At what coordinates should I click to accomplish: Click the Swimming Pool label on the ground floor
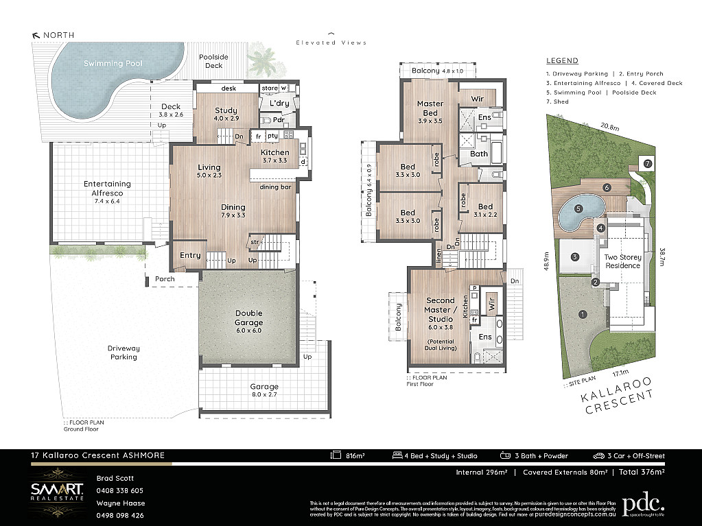pyautogui.click(x=113, y=63)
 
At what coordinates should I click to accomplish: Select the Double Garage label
pyautogui.click(x=248, y=318)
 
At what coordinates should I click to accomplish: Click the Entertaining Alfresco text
pyautogui.click(x=107, y=189)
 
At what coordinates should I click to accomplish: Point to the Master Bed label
pyautogui.click(x=430, y=108)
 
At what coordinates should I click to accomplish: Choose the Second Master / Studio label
pyautogui.click(x=440, y=310)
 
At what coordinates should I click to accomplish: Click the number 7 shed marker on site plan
pyautogui.click(x=647, y=163)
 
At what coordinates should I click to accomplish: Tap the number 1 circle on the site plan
pyautogui.click(x=583, y=315)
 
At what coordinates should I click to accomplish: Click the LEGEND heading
pyautogui.click(x=562, y=60)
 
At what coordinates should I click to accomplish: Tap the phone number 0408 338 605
pyautogui.click(x=119, y=490)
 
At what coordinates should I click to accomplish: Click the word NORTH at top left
pyautogui.click(x=58, y=35)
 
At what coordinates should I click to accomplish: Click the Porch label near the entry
pyautogui.click(x=165, y=279)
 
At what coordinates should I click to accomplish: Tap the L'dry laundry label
pyautogui.click(x=279, y=104)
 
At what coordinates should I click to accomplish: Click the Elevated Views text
pyautogui.click(x=331, y=43)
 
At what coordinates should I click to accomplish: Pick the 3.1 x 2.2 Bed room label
pyautogui.click(x=485, y=211)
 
